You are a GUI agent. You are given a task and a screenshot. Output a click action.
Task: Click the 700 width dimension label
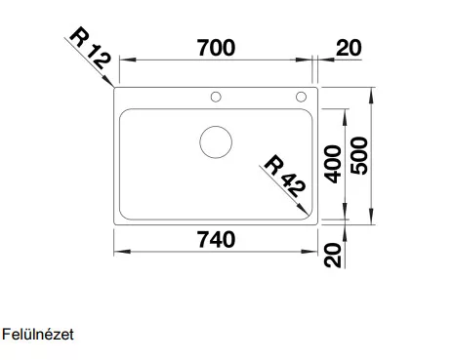(x=216, y=48)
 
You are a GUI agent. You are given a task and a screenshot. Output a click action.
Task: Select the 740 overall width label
(x=216, y=240)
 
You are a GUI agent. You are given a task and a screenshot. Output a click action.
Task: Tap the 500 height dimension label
(x=359, y=156)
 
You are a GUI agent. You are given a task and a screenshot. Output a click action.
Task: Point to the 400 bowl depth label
(x=333, y=164)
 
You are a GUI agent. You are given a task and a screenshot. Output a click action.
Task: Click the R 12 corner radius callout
(x=91, y=48)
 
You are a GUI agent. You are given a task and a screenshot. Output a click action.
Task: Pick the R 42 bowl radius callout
(x=285, y=176)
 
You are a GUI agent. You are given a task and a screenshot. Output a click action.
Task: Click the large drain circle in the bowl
(x=216, y=126)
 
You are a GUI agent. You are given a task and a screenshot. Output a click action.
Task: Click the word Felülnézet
(x=38, y=335)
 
